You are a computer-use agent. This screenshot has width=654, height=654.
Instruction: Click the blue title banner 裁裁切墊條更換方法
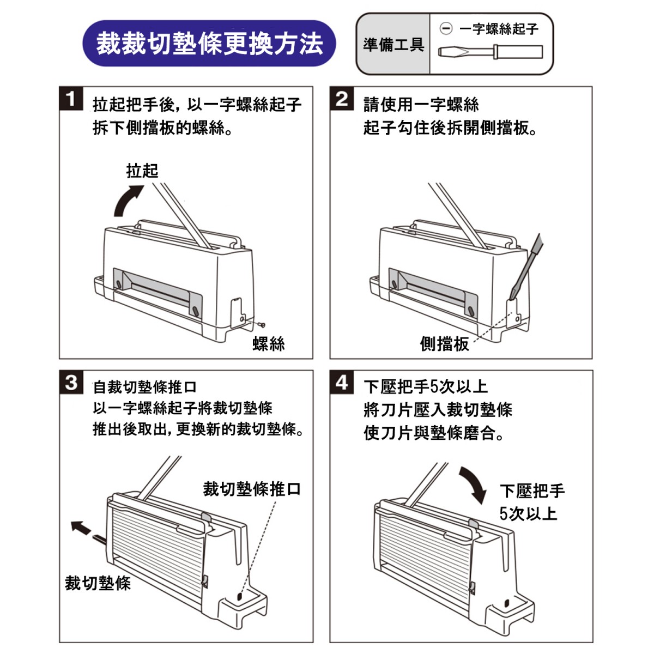pos(209,44)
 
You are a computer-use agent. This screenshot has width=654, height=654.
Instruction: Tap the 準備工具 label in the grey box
pos(393,44)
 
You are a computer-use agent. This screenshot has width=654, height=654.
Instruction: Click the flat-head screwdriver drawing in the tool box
pos(491,52)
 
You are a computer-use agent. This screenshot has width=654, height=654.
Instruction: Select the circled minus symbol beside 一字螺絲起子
pos(446,28)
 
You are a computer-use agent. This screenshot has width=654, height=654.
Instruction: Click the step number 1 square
pos(71,99)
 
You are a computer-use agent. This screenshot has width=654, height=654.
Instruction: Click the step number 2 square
pos(341,99)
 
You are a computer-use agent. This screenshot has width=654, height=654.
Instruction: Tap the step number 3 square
pos(71,382)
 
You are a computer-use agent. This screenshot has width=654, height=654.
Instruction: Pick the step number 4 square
pos(341,382)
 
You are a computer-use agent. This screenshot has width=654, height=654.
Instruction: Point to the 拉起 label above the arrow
pos(142,171)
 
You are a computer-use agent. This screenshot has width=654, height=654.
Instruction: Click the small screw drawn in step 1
pos(262,325)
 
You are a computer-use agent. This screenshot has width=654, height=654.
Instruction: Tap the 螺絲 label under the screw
pos(269,344)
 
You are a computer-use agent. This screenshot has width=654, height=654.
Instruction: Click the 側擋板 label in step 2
pos(444,344)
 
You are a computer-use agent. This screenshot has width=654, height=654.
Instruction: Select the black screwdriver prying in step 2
pos(526,267)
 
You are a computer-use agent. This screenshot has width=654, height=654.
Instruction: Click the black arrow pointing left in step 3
pos(81,527)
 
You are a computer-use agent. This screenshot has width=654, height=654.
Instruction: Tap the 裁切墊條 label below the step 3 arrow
pos(98,583)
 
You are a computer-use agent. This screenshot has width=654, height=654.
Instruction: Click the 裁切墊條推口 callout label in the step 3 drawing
pos(252,489)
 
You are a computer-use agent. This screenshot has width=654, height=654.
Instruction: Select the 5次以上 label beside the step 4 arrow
pos(528,513)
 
